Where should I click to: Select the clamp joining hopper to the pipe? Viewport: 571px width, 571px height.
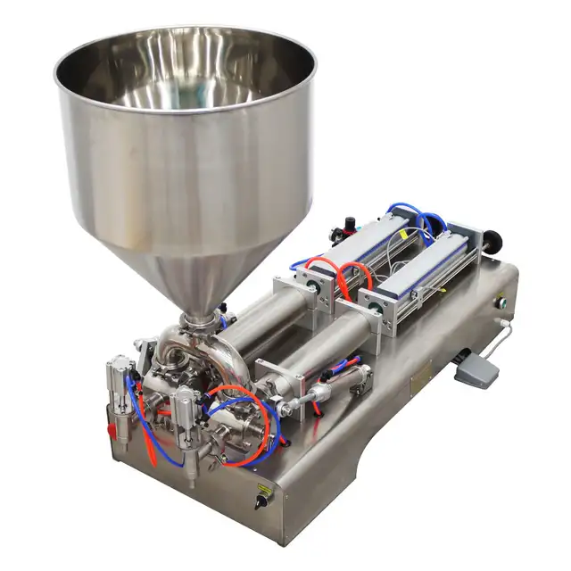click(x=199, y=320)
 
